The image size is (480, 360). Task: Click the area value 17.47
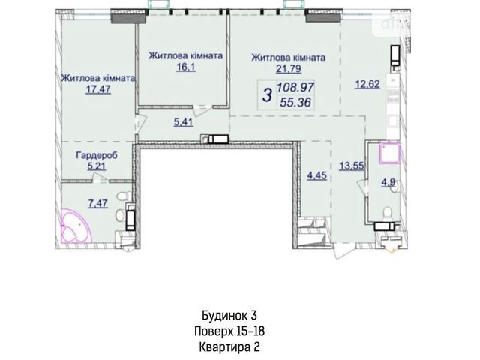98,89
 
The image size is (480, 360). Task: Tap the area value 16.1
185,67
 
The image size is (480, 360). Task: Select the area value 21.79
289,68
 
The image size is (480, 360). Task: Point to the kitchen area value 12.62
367,83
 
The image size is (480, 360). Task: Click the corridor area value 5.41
183,122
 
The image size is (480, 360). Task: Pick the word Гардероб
97,155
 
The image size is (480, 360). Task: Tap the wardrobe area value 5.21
97,166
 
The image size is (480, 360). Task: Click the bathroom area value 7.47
98,203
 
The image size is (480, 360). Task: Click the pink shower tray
390,154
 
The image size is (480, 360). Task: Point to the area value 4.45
316,175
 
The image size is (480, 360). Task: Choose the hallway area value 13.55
352,166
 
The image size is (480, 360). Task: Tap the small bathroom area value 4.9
388,183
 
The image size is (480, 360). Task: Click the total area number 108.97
295,88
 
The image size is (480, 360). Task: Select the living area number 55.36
295,102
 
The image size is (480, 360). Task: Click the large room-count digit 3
268,95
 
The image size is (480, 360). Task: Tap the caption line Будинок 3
229,315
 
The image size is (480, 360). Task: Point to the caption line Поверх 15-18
229,331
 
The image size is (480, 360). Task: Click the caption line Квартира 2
229,347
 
